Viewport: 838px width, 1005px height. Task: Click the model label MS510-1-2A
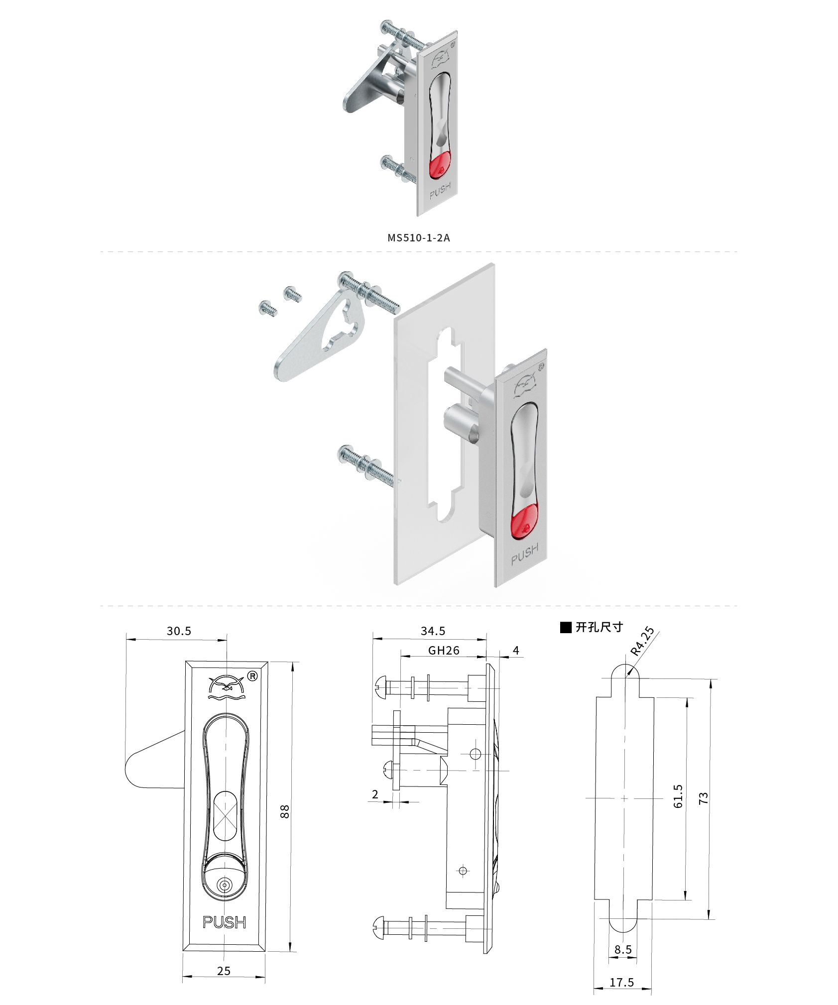[419, 237]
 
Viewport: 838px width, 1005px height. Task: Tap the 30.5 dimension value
[179, 631]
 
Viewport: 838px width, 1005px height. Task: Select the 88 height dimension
[285, 812]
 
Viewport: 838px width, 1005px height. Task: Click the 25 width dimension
[224, 971]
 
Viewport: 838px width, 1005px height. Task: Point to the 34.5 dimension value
[433, 631]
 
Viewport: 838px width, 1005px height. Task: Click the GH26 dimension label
[444, 650]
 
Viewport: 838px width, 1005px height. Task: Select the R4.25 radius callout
[642, 641]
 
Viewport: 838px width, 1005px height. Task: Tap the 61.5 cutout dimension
[679, 796]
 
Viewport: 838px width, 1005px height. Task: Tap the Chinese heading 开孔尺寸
[599, 627]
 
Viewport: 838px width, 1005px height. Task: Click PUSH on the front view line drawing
[224, 922]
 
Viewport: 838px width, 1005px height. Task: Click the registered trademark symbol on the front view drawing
[252, 676]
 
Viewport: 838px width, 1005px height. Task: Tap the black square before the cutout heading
[566, 628]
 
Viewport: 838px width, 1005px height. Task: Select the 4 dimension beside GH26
[516, 650]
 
